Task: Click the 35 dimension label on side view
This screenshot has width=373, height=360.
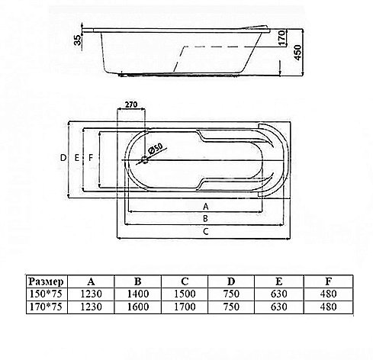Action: tap(79, 40)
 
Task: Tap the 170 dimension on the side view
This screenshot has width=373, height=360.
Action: tap(281, 38)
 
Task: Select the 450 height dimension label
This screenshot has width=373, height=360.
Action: tap(297, 53)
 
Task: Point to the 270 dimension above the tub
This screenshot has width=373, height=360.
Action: tap(131, 104)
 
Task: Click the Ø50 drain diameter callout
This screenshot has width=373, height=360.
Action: tap(155, 149)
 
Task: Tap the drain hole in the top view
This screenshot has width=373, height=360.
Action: tap(145, 160)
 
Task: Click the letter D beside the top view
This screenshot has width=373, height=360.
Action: tap(63, 158)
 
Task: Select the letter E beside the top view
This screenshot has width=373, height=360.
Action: tap(77, 158)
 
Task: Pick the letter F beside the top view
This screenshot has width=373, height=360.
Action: tap(91, 158)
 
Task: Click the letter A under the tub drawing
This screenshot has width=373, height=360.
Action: tap(206, 207)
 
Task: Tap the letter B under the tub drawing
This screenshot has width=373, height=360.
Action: tap(205, 219)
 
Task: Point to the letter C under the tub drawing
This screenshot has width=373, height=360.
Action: tap(206, 232)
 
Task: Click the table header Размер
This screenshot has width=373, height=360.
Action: tap(46, 281)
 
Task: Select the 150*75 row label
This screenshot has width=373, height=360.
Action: tap(46, 294)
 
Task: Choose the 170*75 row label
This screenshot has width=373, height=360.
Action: tap(46, 307)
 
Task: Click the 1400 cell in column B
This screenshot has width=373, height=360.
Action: tap(138, 294)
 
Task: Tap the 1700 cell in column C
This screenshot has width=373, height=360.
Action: tap(185, 307)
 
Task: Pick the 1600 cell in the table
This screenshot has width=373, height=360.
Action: tap(138, 307)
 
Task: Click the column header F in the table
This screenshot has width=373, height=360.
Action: tap(329, 281)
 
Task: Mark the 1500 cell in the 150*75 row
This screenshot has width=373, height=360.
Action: tap(185, 294)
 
